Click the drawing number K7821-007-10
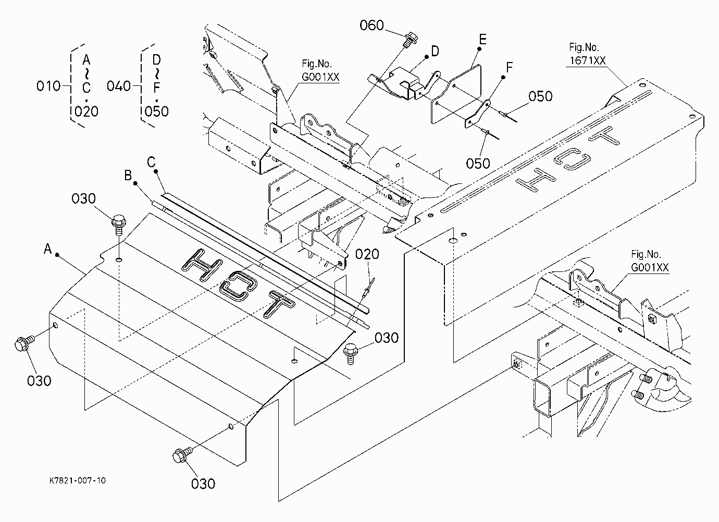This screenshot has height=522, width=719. (77, 481)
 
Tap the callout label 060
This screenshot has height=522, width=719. (371, 26)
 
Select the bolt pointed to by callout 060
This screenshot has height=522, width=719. (409, 40)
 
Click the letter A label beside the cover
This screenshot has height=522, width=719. (48, 249)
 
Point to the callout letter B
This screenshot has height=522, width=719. (128, 175)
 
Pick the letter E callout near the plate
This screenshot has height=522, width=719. (482, 39)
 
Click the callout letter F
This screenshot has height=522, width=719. (509, 67)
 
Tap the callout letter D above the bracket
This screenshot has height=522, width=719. (435, 51)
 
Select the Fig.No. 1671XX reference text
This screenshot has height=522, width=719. (587, 54)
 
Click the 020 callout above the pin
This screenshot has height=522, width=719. (367, 254)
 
